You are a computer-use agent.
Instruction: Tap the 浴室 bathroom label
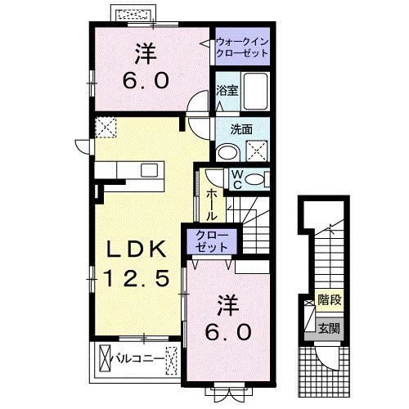tap(227, 90)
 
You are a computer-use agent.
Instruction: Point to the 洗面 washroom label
tap(240, 128)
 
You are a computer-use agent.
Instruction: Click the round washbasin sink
tap(227, 149)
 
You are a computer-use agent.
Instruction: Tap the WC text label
tap(234, 178)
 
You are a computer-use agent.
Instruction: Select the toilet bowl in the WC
tap(256, 179)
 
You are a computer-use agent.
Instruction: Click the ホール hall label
tap(212, 204)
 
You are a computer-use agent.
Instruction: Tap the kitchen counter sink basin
tap(149, 169)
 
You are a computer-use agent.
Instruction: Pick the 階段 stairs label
tap(330, 301)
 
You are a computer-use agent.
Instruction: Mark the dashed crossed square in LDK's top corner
tap(104, 127)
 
